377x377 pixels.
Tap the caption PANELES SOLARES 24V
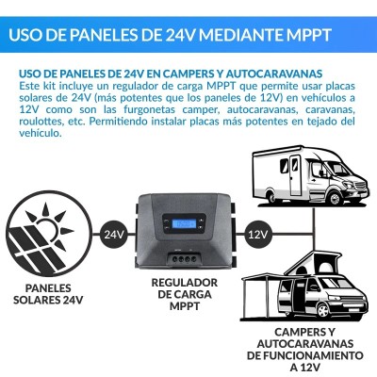(x=44, y=291)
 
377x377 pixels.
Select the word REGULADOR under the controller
(x=185, y=283)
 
